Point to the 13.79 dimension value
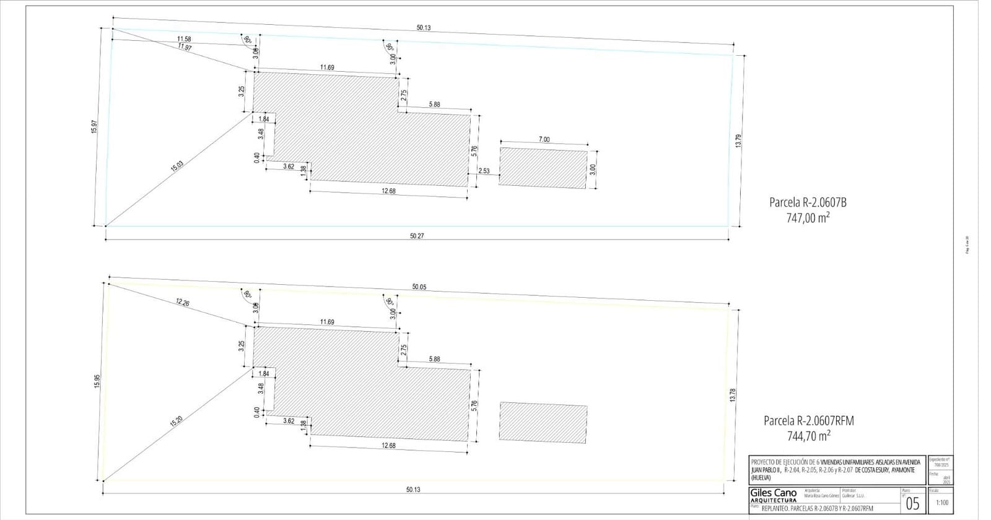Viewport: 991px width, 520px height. [x=738, y=140]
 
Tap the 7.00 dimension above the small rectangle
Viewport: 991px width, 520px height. [x=544, y=140]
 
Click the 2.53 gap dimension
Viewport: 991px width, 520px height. [x=484, y=171]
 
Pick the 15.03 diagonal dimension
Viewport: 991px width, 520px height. [x=177, y=165]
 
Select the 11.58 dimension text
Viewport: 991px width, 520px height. [x=184, y=39]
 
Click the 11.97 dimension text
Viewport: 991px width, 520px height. [x=184, y=48]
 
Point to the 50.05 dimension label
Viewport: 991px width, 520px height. [x=419, y=287]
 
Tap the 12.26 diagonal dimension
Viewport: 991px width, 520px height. [x=182, y=303]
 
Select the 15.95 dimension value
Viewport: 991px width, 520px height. [x=97, y=381]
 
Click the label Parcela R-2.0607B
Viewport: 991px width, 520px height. [x=808, y=202]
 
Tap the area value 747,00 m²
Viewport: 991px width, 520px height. [x=808, y=218]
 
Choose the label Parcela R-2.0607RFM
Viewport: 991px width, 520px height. [x=808, y=421]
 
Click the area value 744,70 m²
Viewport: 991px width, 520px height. [x=808, y=436]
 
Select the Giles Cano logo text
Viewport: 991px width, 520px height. [x=773, y=493]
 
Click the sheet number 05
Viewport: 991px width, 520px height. [x=912, y=503]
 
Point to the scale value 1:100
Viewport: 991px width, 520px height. [x=941, y=503]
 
